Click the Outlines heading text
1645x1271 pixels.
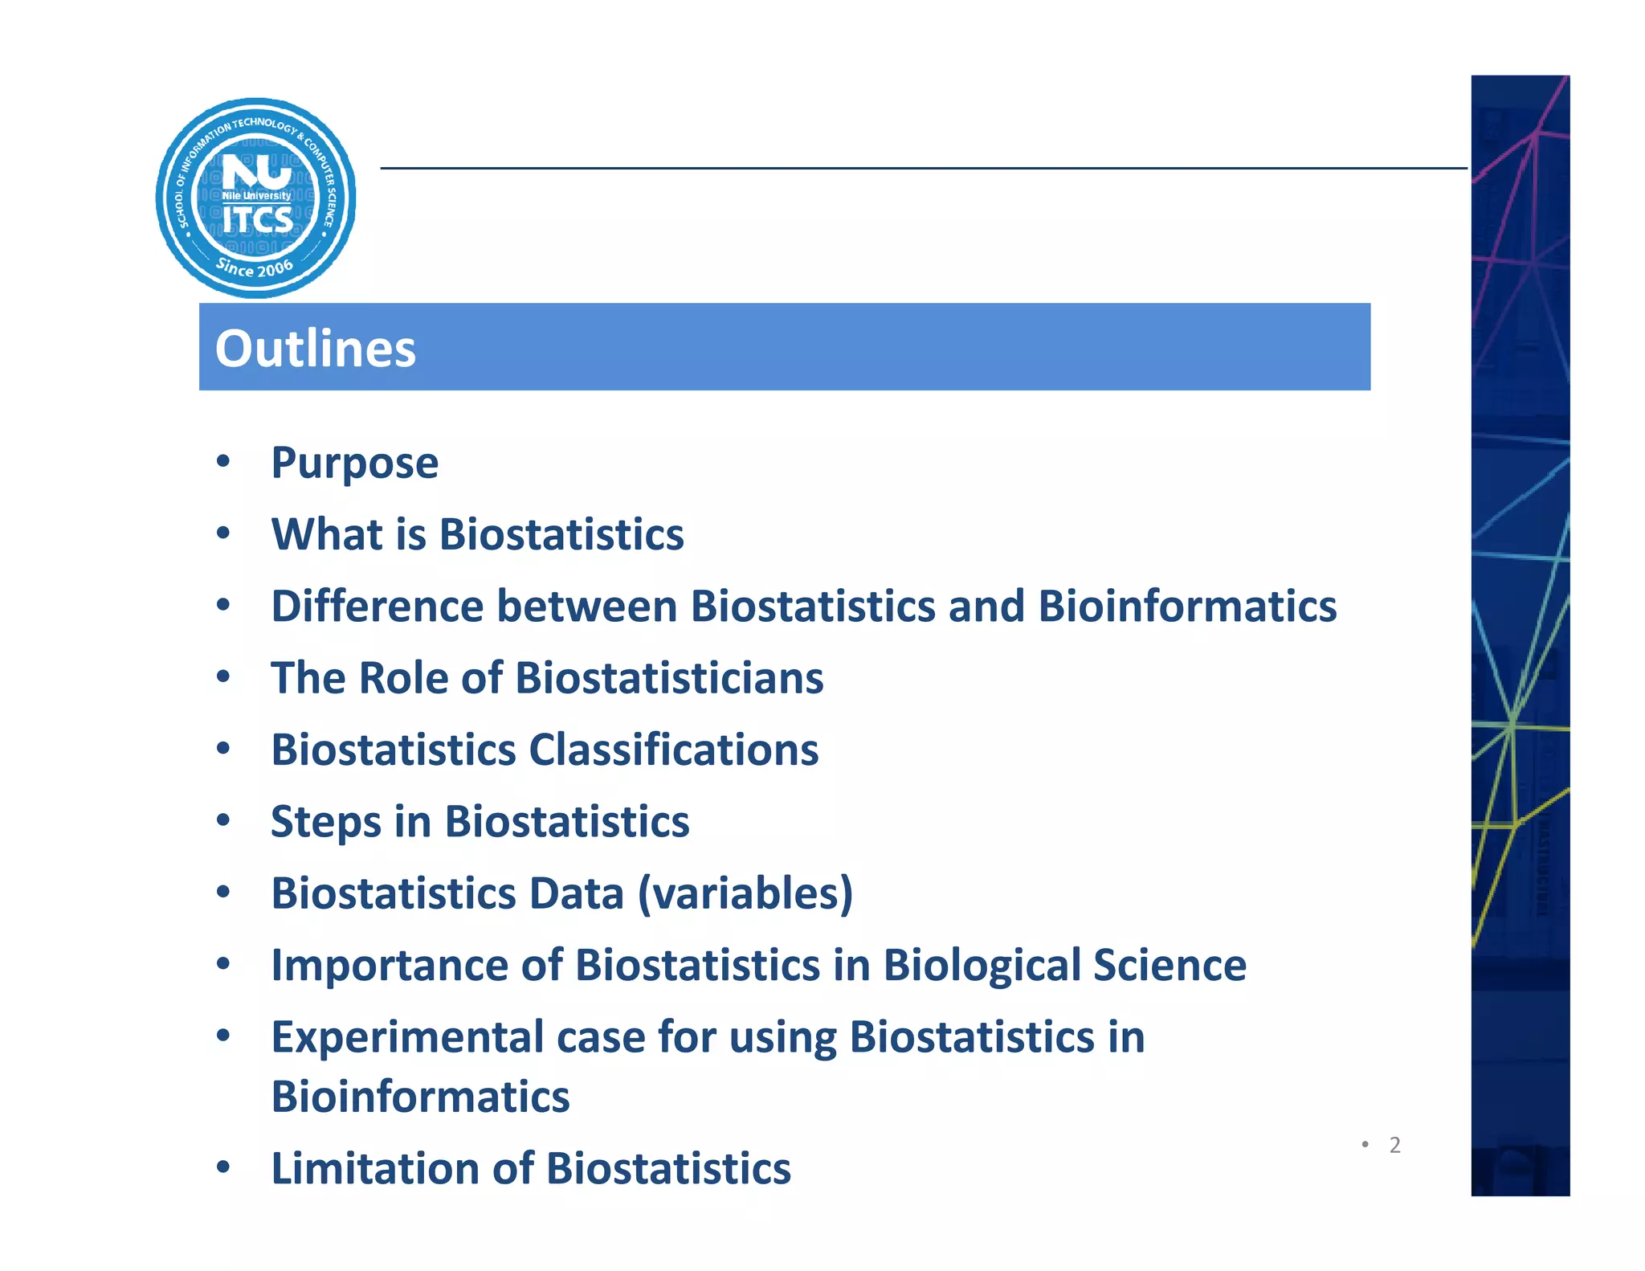click(315, 349)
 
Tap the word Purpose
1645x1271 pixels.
click(354, 464)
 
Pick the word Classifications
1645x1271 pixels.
click(674, 750)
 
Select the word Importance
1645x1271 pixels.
click(390, 965)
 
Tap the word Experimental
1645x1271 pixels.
click(407, 1037)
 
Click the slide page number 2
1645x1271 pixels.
click(1394, 1145)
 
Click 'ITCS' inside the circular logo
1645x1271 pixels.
click(257, 219)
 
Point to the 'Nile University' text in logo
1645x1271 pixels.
click(256, 196)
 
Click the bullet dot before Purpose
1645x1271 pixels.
click(223, 461)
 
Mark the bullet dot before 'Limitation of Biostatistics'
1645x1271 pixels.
click(223, 1167)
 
